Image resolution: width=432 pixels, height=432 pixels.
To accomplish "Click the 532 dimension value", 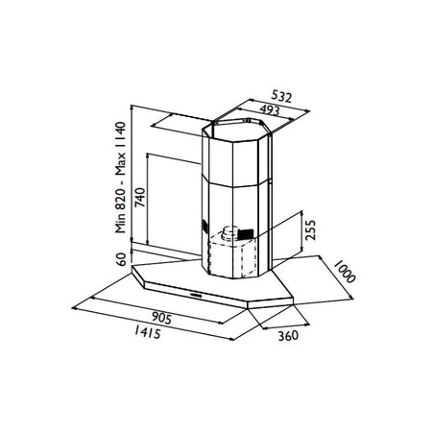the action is [281, 97].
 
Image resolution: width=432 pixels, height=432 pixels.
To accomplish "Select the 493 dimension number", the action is [270, 110].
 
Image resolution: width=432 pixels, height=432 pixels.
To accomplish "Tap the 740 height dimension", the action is [140, 198].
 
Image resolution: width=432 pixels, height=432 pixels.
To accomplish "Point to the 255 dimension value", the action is [310, 229].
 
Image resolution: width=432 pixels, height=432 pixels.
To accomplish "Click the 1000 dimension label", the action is [345, 272].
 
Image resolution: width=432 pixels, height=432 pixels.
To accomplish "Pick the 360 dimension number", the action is [288, 336].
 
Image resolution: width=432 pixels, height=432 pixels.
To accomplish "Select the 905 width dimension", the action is [161, 318].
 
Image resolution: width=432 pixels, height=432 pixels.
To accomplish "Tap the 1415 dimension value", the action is [148, 332].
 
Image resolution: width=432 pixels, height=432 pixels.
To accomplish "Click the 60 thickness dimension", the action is [121, 259].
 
